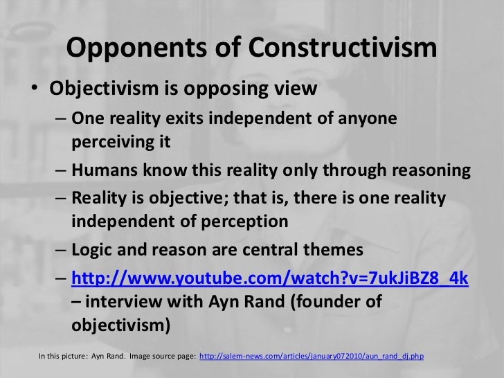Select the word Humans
pyautogui.click(x=103, y=171)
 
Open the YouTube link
pyautogui.click(x=271, y=278)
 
